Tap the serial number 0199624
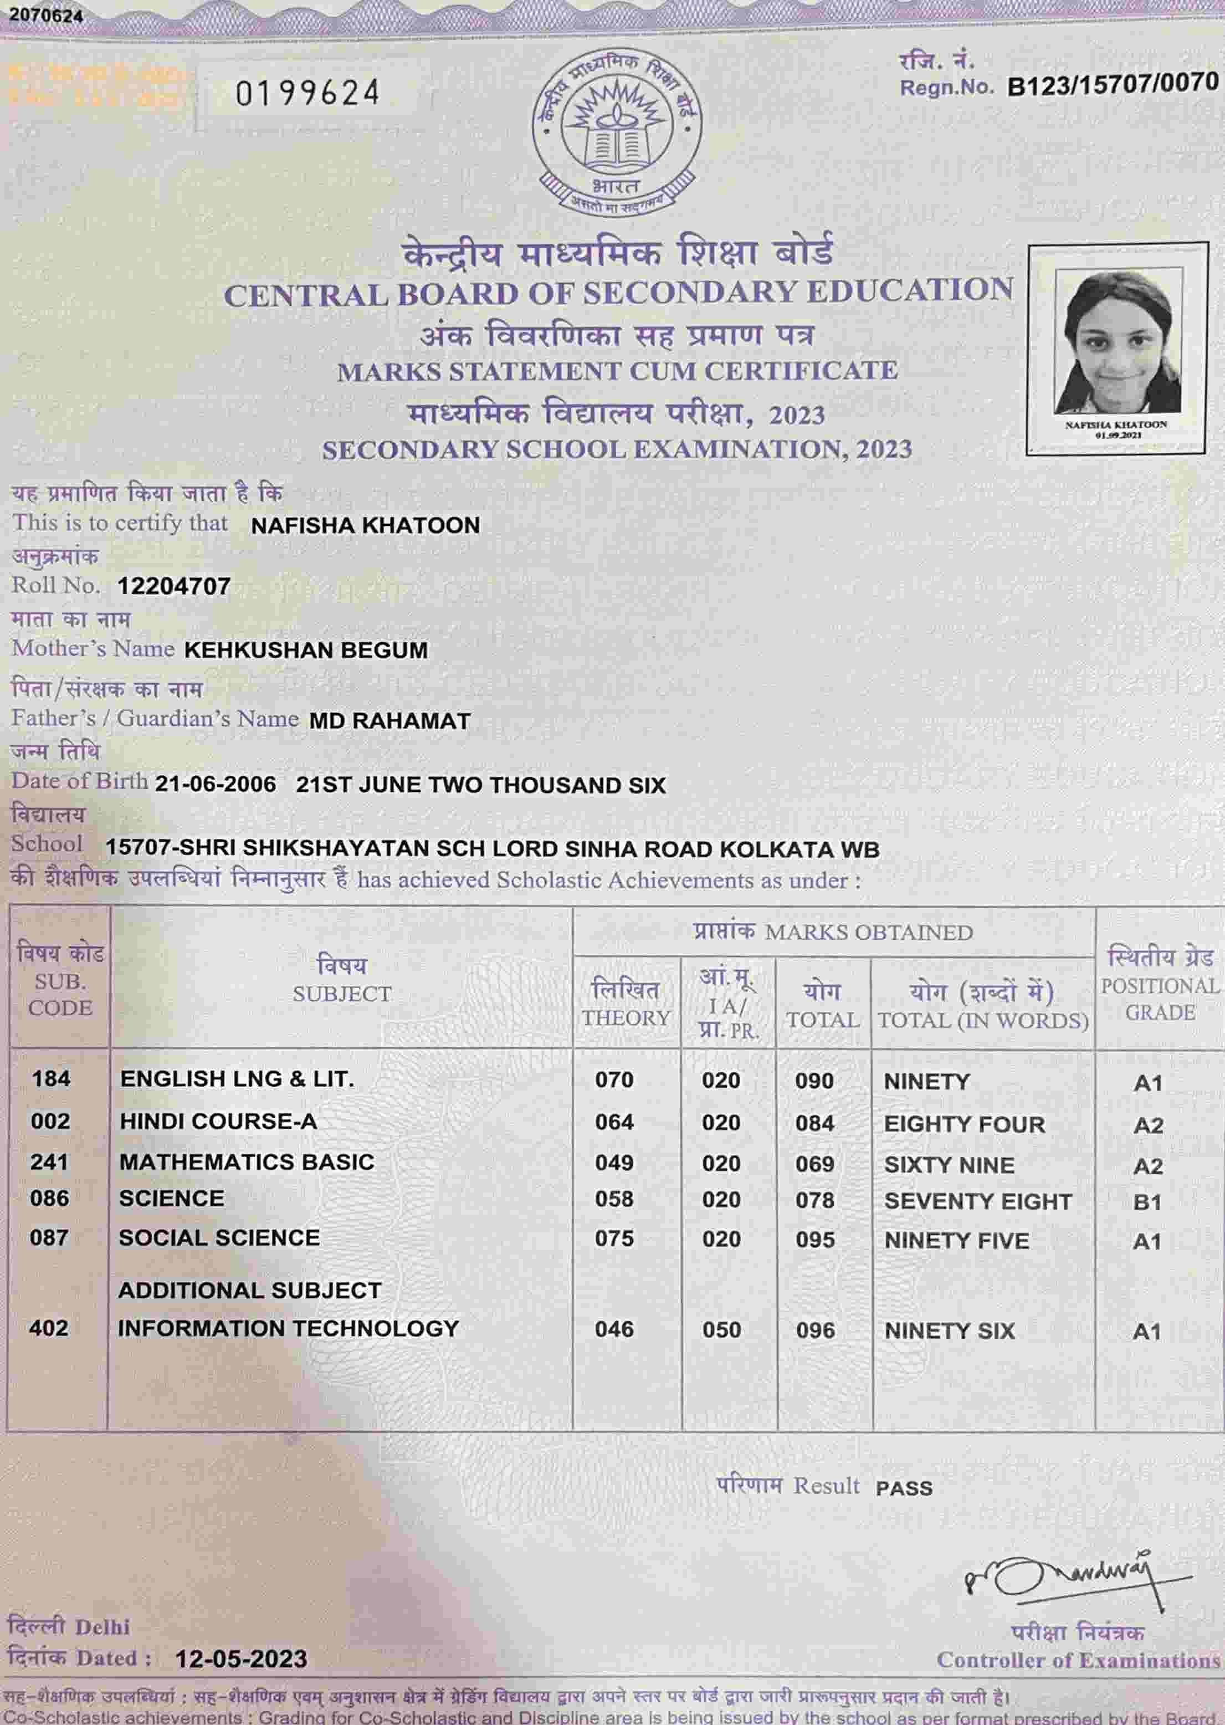pyautogui.click(x=307, y=94)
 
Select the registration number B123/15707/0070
pyautogui.click(x=1113, y=84)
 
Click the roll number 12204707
pyautogui.click(x=173, y=586)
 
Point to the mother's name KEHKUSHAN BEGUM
pyautogui.click(x=305, y=650)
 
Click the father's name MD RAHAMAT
pyautogui.click(x=389, y=721)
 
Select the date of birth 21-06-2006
pyautogui.click(x=215, y=785)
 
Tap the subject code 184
pyautogui.click(x=50, y=1078)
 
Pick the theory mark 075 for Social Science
pyautogui.click(x=614, y=1238)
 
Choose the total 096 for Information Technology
pyautogui.click(x=816, y=1330)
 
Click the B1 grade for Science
pyautogui.click(x=1146, y=1202)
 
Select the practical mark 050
pyautogui.click(x=721, y=1330)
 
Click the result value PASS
pyautogui.click(x=904, y=1488)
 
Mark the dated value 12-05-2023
pyautogui.click(x=240, y=1660)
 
